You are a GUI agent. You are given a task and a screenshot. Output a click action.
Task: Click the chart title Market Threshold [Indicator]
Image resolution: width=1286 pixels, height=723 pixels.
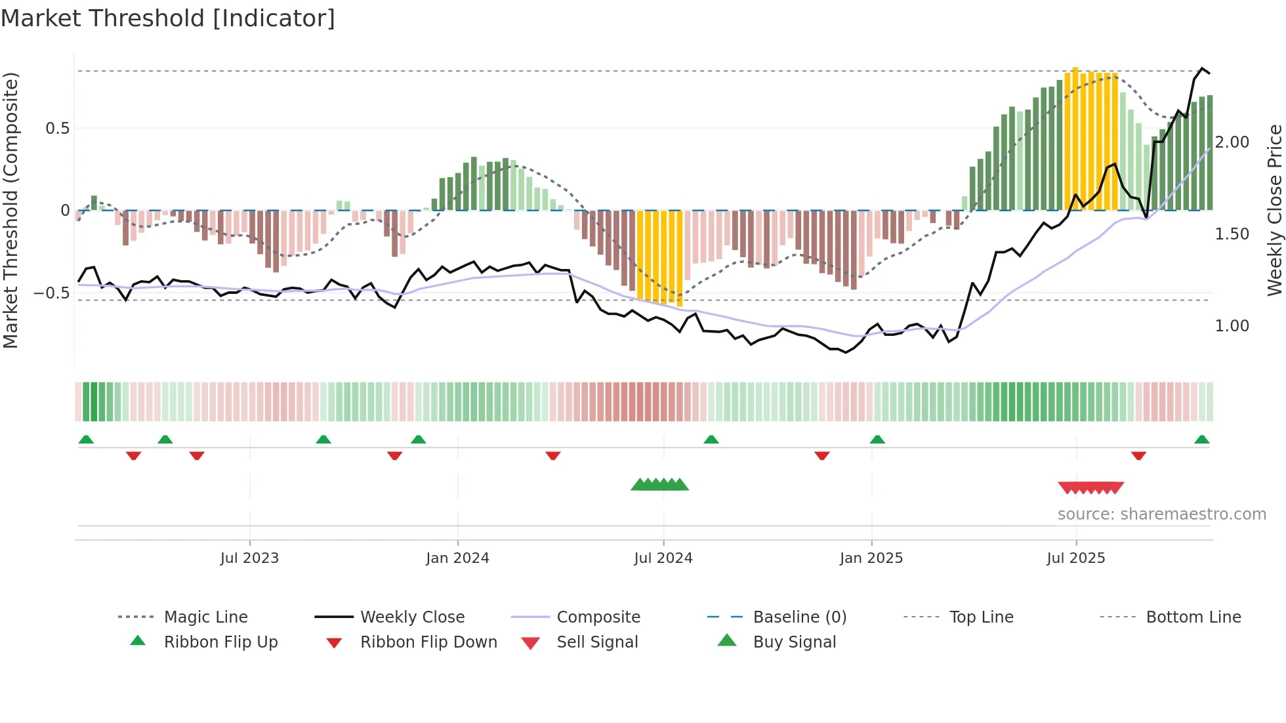(x=168, y=18)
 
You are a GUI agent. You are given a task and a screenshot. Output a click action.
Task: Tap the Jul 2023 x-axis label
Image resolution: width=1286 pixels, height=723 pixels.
(x=249, y=558)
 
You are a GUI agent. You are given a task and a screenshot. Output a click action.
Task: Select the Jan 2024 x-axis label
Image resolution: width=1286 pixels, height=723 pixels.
(x=457, y=558)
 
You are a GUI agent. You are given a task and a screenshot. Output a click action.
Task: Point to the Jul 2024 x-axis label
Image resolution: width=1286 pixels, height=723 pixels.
(x=663, y=558)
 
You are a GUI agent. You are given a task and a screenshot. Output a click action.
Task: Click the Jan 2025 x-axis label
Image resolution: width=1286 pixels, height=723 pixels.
(x=871, y=558)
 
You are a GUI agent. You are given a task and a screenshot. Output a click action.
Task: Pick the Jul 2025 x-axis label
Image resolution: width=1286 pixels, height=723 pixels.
(x=1076, y=558)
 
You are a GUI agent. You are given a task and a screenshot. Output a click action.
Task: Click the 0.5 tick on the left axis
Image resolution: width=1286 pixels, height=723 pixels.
(x=58, y=129)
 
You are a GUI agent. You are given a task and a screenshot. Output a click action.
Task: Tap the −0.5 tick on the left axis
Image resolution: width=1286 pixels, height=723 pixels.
(x=52, y=293)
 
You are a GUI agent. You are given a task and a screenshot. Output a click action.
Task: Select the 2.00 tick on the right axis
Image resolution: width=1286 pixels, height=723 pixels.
(x=1232, y=142)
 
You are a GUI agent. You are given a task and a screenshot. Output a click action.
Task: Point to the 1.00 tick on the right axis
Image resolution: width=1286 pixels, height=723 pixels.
(x=1232, y=326)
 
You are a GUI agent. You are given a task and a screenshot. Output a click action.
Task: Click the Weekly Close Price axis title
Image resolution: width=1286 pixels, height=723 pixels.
(x=1274, y=210)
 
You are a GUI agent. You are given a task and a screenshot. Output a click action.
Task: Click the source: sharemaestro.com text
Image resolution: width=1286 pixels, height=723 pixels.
(x=1162, y=514)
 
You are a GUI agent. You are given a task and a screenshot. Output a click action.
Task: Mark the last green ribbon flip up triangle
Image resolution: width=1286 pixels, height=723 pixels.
(x=1202, y=440)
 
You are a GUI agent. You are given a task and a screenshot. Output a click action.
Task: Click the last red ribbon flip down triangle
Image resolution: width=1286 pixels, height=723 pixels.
(x=1138, y=455)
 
